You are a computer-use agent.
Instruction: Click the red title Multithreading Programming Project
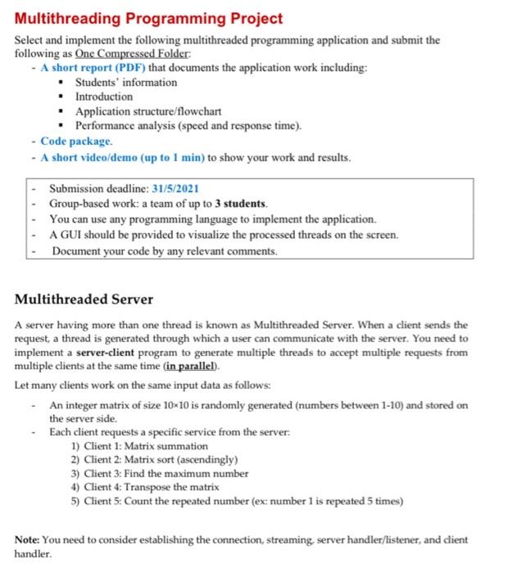[148, 18]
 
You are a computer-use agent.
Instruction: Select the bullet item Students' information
[125, 82]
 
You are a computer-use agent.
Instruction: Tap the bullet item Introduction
[103, 97]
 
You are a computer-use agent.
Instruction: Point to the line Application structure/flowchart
[148, 111]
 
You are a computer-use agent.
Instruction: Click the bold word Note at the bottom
[30, 539]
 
